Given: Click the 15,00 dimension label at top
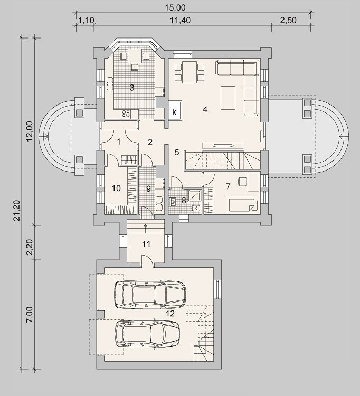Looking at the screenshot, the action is [x=175, y=7].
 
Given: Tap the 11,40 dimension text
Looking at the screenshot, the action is [x=180, y=20].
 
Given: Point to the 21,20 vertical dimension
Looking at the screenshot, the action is [x=17, y=210].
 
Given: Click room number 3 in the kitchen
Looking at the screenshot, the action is [x=132, y=88].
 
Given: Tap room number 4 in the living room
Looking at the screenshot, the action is [x=205, y=109].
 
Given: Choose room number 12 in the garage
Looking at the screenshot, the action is [x=170, y=314].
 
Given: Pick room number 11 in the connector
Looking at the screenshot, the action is [x=146, y=244].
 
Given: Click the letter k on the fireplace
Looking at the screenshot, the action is [x=174, y=112].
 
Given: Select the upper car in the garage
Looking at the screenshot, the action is [x=150, y=295].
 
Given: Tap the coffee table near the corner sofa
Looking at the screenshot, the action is [x=228, y=98].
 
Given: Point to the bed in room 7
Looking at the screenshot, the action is [x=243, y=205].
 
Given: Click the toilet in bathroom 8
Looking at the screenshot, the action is [x=196, y=208].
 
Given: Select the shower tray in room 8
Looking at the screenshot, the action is [x=195, y=195].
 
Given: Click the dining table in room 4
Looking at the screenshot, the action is [x=190, y=72].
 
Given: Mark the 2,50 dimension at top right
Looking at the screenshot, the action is [x=288, y=20].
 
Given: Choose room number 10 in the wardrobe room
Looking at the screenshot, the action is [x=116, y=188].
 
